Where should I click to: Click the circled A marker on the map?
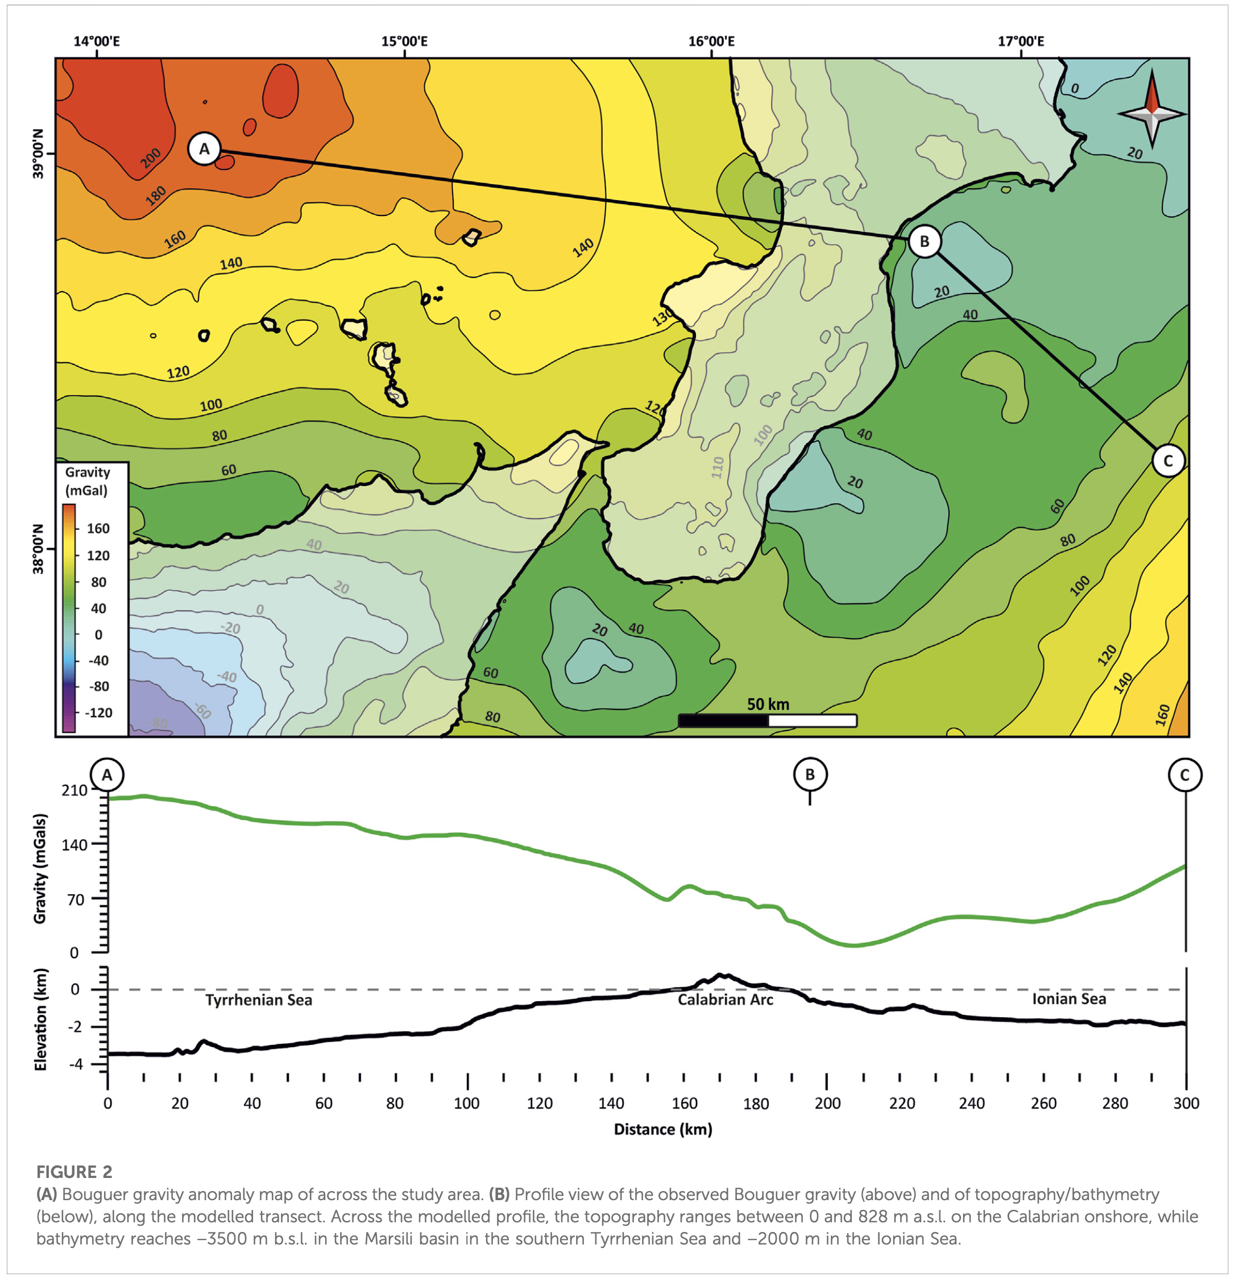204,149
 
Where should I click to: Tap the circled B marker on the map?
924,241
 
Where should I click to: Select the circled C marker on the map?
1167,460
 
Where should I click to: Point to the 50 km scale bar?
767,720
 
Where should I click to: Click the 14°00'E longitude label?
97,42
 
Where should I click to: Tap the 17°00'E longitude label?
1021,42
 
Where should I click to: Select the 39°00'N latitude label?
38,154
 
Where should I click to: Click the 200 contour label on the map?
150,158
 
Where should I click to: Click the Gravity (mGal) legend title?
86,481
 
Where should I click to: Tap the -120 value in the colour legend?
98,712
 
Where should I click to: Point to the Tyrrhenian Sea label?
259,1000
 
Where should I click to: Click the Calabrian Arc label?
725,999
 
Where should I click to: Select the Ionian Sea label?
1069,999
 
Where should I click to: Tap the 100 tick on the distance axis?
467,1103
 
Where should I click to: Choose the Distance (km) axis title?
663,1129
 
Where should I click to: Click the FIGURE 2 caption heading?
74,1172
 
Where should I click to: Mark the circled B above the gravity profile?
810,774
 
